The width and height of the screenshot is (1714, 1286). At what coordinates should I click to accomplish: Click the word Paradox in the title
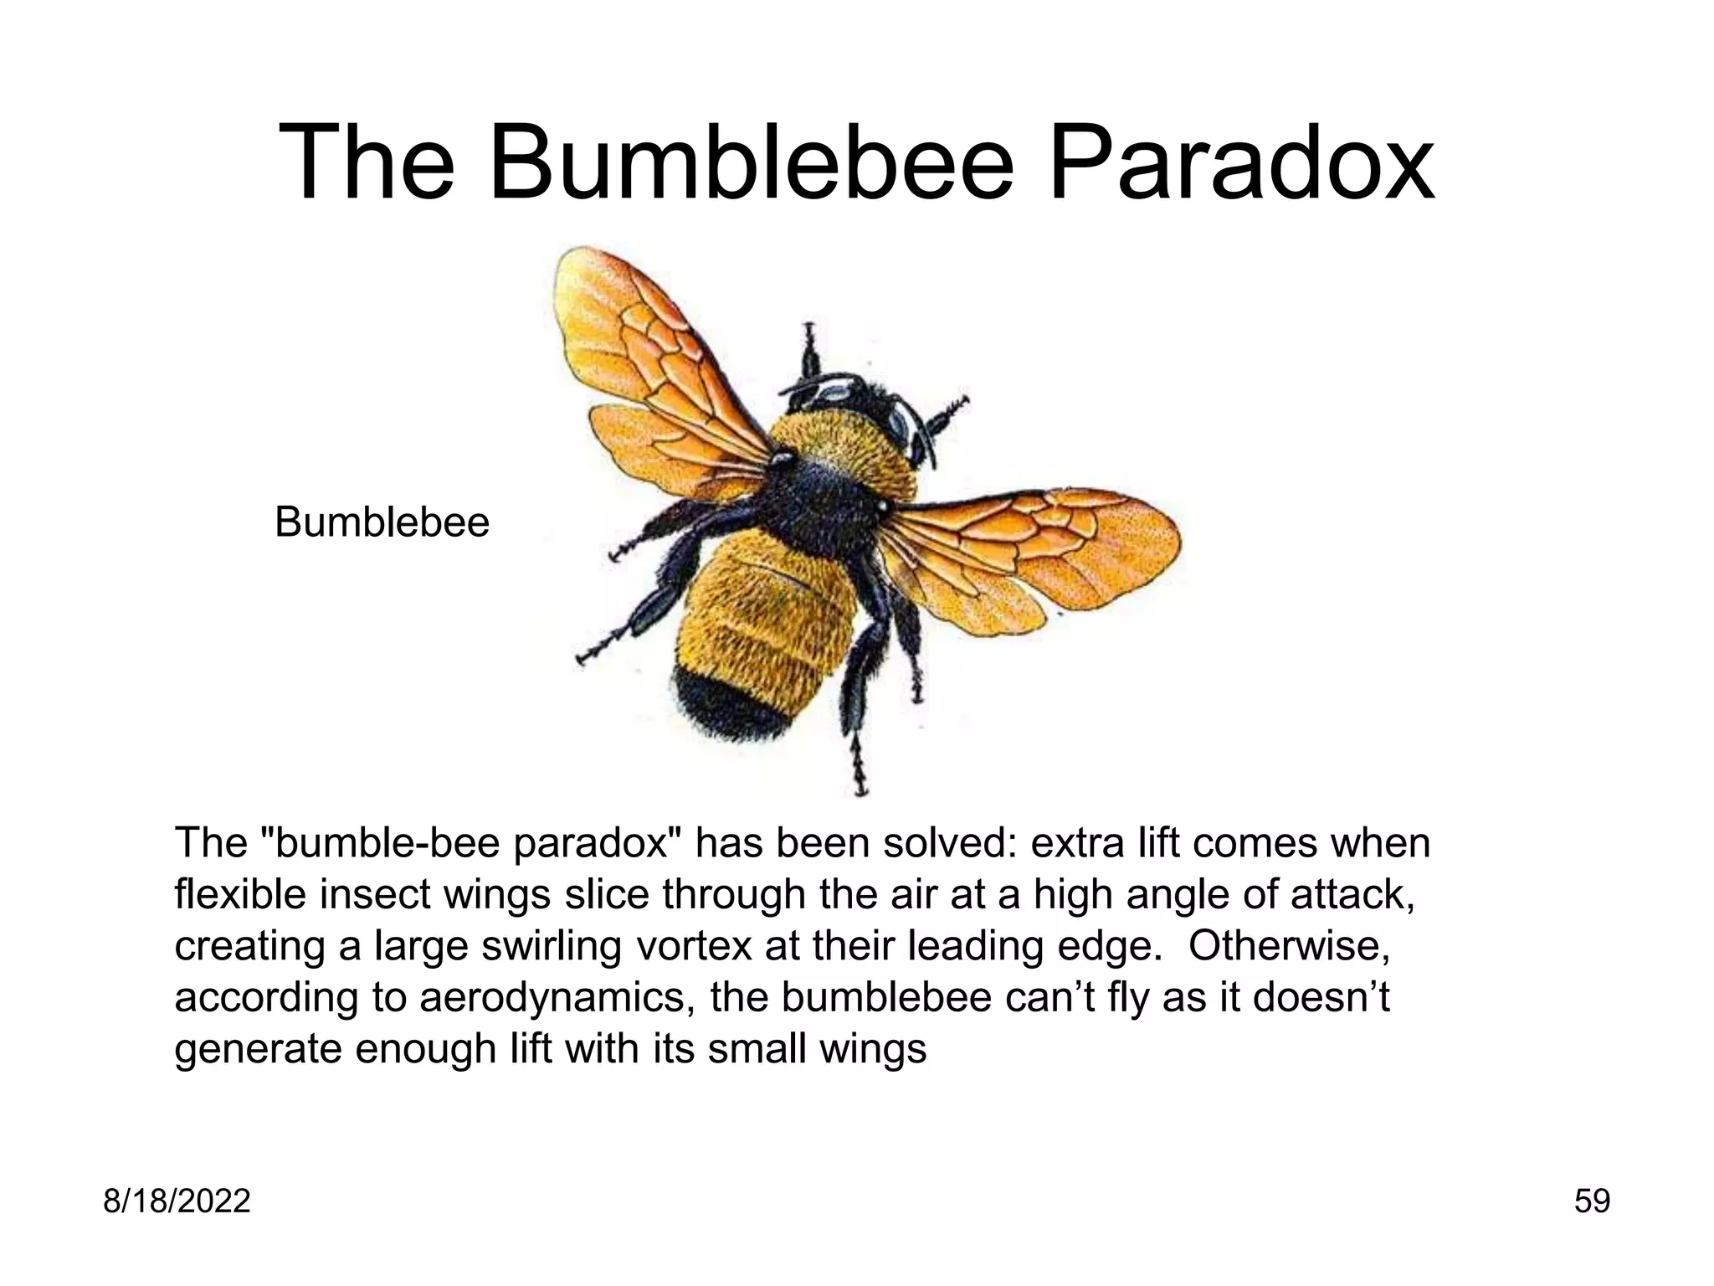point(1241,163)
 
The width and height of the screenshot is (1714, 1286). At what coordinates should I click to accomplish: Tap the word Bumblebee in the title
point(752,163)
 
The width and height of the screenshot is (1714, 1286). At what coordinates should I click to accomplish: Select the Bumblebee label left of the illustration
point(382,522)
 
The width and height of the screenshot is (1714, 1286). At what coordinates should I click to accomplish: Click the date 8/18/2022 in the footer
point(177,1201)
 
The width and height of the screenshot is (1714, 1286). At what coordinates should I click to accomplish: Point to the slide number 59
point(1592,1201)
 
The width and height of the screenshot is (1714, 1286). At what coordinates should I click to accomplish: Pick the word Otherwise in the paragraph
point(1289,946)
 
